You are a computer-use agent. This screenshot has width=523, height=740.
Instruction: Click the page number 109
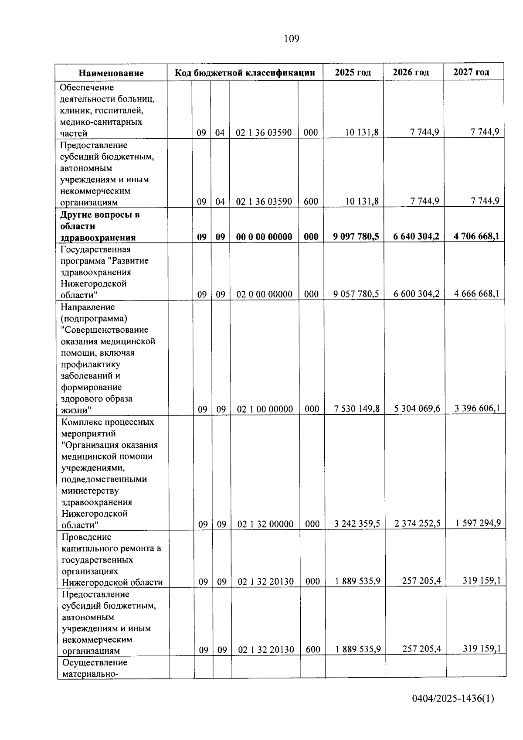coord(291,39)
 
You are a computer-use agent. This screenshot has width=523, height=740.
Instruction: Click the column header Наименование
coord(111,73)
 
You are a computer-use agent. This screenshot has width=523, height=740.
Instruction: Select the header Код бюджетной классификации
coord(245,72)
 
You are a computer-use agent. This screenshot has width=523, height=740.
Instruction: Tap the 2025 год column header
coord(353,72)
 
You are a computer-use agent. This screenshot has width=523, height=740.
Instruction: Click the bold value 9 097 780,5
coord(356,236)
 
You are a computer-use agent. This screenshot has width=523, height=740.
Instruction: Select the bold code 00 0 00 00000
coord(264,237)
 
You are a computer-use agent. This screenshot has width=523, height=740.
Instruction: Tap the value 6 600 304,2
coord(416,293)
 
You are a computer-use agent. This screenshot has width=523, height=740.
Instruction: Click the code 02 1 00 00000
coord(265,409)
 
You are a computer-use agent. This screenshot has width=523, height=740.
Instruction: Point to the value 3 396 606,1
coord(477,408)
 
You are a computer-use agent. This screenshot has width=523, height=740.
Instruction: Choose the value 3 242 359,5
coord(357,524)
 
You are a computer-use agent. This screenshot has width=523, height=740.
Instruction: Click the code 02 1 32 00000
coord(265,524)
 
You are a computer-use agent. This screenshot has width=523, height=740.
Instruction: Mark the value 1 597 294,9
coord(478,523)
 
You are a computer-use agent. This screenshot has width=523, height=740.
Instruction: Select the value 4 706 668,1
coord(476,236)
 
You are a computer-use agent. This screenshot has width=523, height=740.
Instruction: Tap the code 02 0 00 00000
coord(265,294)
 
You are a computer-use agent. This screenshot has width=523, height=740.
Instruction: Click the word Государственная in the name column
coord(95,249)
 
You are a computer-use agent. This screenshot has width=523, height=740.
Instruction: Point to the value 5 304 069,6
coord(417,409)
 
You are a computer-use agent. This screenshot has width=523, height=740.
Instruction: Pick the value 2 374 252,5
coord(418,523)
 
